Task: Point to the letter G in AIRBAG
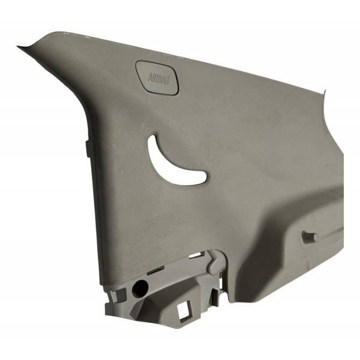[x=167, y=80]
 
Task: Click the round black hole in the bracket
[x=140, y=289]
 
